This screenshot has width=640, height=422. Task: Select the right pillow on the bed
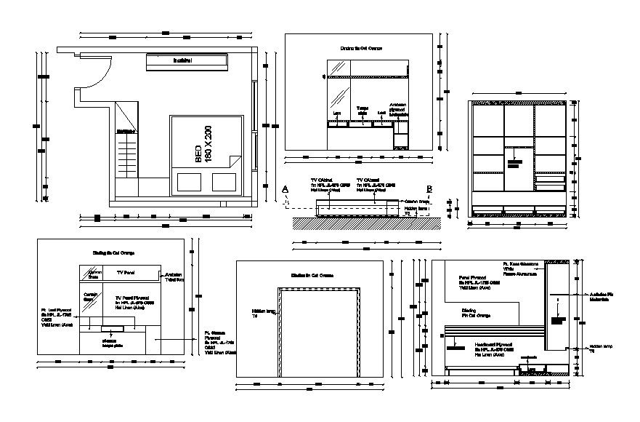coord(224,180)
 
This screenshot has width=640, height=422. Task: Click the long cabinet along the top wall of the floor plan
coord(181,62)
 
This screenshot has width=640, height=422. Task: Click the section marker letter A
coord(285,189)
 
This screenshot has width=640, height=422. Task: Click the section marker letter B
coord(430,189)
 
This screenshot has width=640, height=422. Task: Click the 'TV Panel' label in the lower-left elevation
coord(126,271)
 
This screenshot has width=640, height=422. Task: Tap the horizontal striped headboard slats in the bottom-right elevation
coord(494,332)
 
